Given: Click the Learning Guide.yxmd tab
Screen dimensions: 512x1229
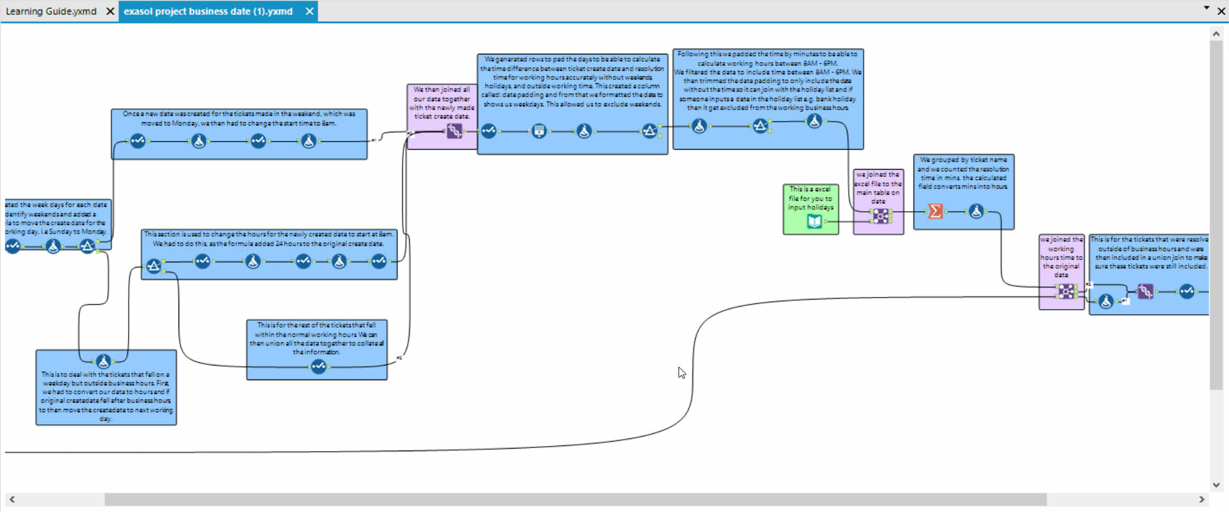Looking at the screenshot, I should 51,12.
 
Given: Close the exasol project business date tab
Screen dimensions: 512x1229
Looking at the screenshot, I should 310,12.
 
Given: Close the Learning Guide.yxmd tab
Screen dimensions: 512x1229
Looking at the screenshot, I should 110,12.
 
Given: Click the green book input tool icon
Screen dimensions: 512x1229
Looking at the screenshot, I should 814,221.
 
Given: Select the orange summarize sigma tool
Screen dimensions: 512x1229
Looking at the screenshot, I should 935,211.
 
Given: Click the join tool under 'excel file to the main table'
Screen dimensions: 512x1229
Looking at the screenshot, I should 881,216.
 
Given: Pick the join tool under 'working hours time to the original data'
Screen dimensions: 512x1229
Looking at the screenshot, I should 1066,292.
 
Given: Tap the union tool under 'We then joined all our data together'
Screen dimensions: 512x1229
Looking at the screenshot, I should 454,131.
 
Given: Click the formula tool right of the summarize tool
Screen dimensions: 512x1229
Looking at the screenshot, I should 976,211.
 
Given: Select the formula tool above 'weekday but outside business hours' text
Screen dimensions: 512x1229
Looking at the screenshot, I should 104,362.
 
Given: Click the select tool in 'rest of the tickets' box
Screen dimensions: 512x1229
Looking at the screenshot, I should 318,367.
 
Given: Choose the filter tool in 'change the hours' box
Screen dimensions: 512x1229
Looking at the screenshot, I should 154,266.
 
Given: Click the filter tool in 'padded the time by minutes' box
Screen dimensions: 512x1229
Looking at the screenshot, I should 760,126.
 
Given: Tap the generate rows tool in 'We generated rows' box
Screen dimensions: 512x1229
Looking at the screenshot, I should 539,131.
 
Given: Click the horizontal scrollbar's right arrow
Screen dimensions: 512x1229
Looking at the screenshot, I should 1201,499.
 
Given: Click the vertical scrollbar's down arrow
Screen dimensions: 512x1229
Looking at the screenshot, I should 1216,485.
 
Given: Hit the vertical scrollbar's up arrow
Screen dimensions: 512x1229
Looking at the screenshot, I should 1216,34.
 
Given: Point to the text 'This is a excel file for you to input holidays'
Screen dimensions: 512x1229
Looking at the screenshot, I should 810,198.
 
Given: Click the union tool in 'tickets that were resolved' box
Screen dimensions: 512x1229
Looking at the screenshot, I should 1145,292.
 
